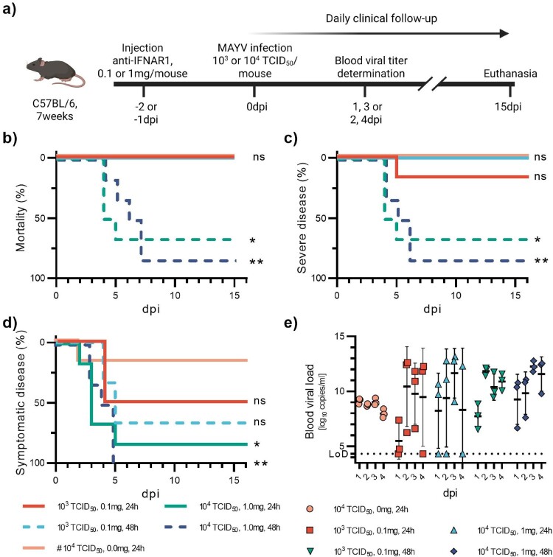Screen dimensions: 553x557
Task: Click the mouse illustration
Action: (x=56, y=73)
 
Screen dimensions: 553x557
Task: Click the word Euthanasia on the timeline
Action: (x=510, y=74)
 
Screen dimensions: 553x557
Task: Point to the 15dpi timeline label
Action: (x=508, y=107)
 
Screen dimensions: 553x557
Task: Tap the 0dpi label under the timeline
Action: (x=257, y=107)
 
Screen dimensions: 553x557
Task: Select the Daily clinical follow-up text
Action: (x=381, y=18)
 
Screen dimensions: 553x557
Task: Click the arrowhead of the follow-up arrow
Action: (x=504, y=34)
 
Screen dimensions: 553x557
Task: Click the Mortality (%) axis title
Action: (x=21, y=218)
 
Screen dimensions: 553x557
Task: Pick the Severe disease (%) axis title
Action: (x=302, y=218)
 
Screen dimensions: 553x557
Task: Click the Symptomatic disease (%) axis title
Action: (x=21, y=402)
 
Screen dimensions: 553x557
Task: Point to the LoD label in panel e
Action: (x=338, y=454)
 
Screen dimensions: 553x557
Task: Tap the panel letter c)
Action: (x=291, y=139)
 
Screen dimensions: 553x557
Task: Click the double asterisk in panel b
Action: (x=257, y=262)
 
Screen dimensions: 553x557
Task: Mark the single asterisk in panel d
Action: (x=257, y=444)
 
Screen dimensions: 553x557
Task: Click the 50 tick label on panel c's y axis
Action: (x=321, y=218)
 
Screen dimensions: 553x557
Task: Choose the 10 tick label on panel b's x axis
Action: (x=175, y=295)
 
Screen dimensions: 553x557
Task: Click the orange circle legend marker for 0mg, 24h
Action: (x=310, y=509)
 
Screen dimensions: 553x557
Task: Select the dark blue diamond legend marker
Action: (x=453, y=551)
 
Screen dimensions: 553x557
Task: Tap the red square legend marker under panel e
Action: (x=310, y=530)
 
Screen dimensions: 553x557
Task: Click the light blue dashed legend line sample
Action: (x=34, y=528)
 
